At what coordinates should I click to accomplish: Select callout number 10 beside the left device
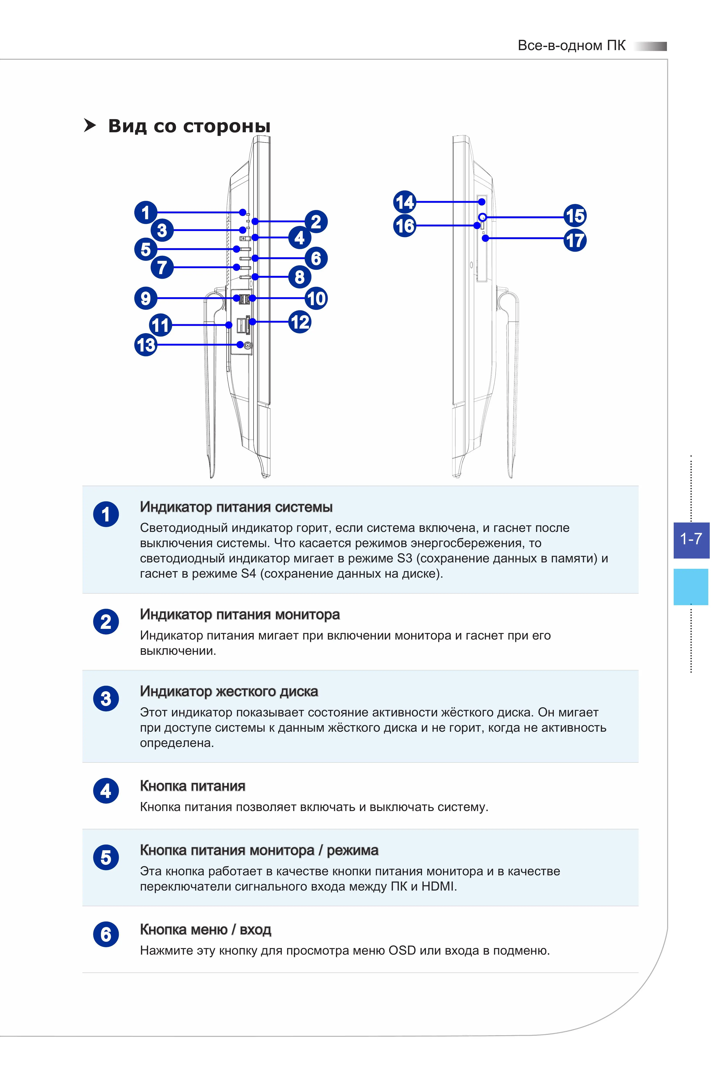point(316,298)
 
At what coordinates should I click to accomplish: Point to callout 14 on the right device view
point(405,202)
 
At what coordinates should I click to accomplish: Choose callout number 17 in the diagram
point(575,240)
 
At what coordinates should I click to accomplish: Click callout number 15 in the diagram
point(575,216)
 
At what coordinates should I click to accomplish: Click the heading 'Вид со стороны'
point(189,126)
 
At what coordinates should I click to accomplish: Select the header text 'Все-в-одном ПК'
point(572,46)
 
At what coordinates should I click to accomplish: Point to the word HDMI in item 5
point(437,886)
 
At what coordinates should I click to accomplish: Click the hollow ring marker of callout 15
point(482,217)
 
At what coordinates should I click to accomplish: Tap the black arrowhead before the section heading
point(90,126)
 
